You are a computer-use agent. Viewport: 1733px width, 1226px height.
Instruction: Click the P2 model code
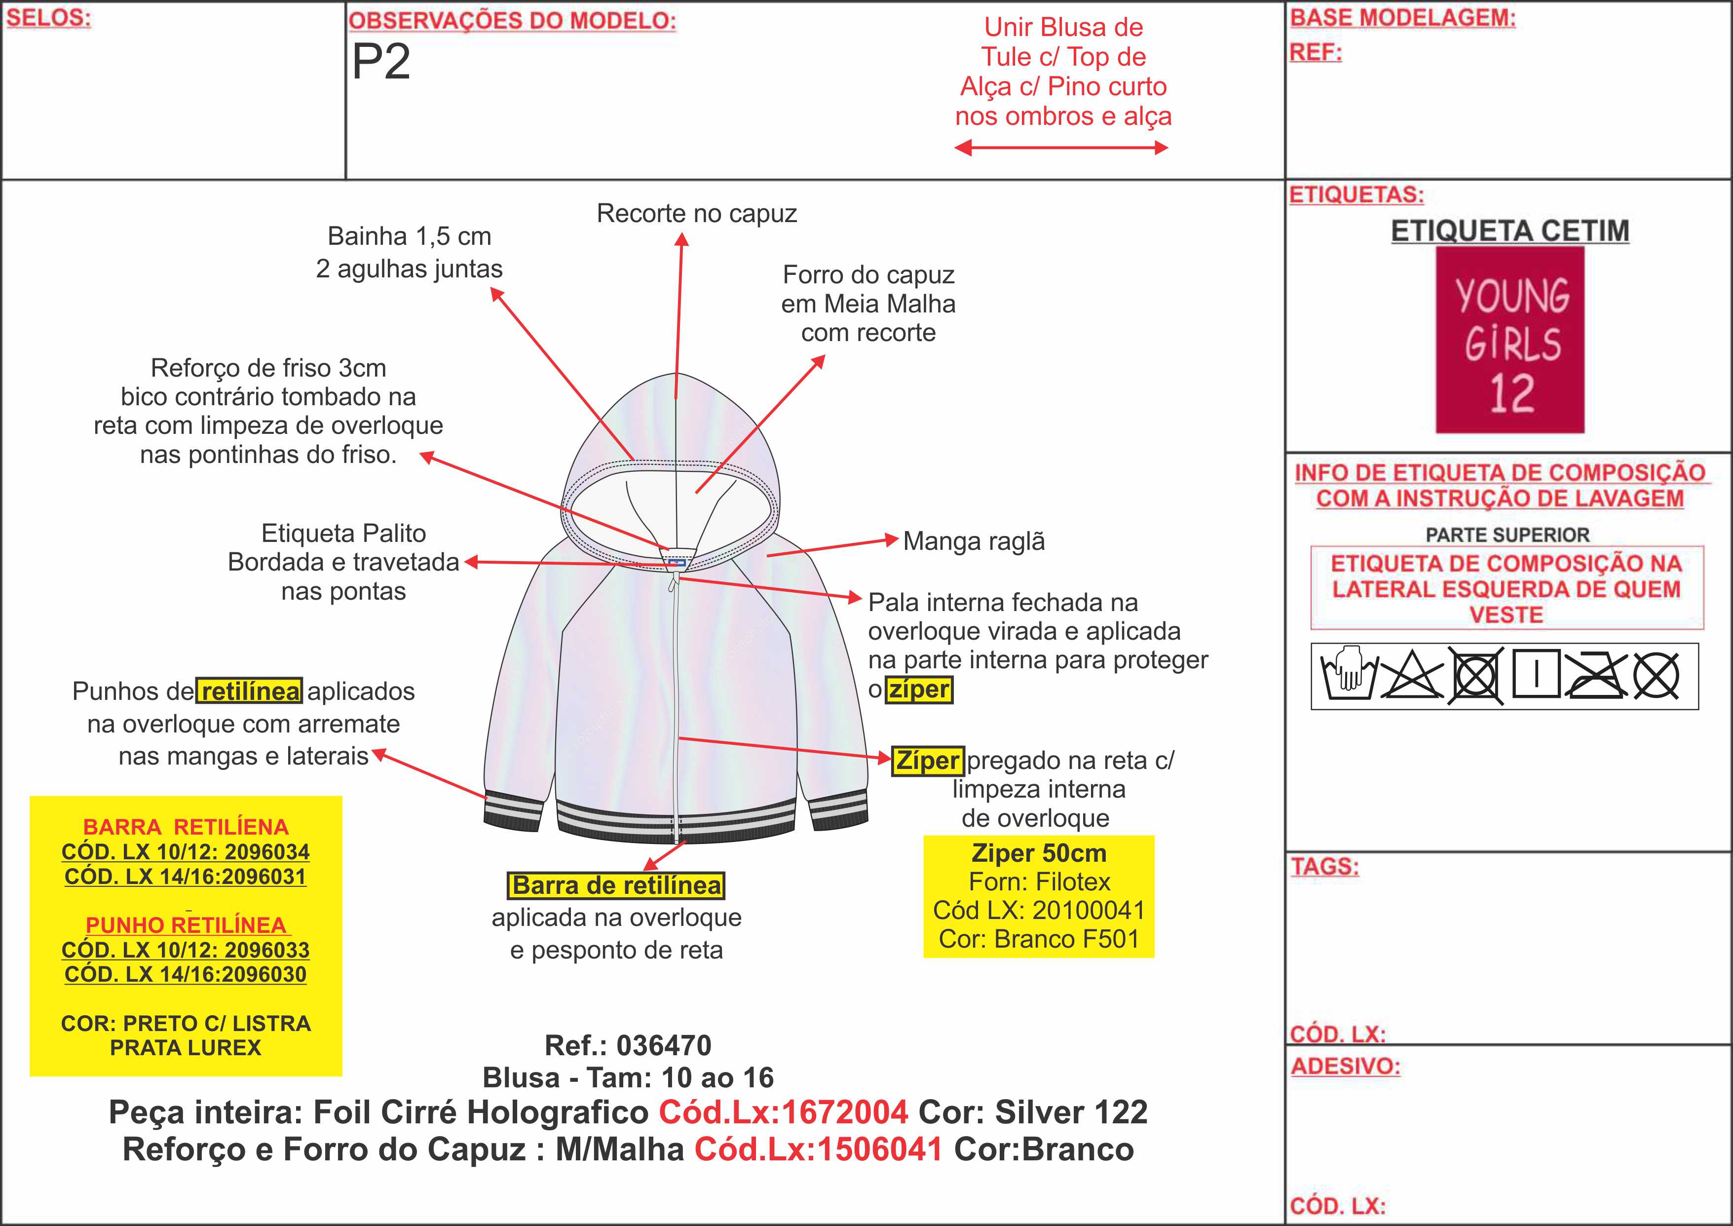click(x=381, y=62)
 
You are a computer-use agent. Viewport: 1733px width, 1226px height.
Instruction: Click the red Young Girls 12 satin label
click(x=1509, y=340)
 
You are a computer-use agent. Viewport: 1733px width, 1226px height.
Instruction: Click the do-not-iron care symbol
click(x=1594, y=675)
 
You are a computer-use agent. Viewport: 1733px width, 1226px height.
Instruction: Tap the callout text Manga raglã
click(x=974, y=541)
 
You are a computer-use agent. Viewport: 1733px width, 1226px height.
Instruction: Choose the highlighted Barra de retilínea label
click(x=616, y=885)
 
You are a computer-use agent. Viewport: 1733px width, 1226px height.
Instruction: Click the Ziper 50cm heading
click(x=1039, y=853)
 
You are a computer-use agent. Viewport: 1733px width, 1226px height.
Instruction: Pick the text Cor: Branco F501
click(x=1039, y=939)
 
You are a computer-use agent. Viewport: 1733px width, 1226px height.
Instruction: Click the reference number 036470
click(x=664, y=1045)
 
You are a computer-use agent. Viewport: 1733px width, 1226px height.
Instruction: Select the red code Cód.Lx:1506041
click(x=818, y=1149)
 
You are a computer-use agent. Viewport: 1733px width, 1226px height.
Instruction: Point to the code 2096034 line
click(x=186, y=852)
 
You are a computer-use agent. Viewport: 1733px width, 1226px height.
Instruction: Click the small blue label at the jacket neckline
click(x=677, y=563)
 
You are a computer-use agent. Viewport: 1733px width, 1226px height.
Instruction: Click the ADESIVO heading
click(x=1345, y=1066)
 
